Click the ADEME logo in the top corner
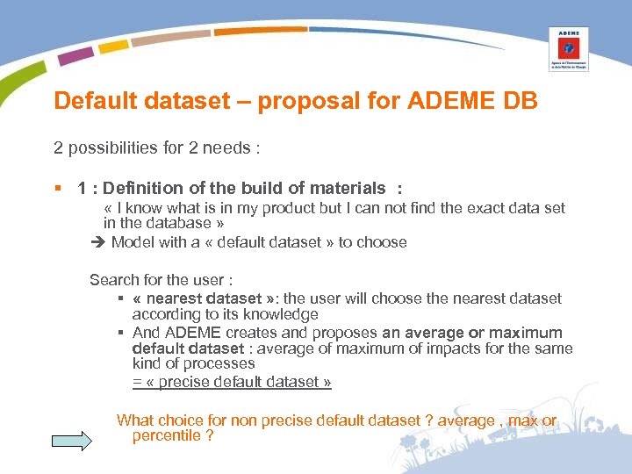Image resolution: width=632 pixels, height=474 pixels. pyautogui.click(x=569, y=48)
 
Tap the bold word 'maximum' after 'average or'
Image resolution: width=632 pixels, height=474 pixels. pyautogui.click(x=526, y=333)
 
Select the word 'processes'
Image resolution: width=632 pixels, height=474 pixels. pyautogui.click(x=225, y=363)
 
